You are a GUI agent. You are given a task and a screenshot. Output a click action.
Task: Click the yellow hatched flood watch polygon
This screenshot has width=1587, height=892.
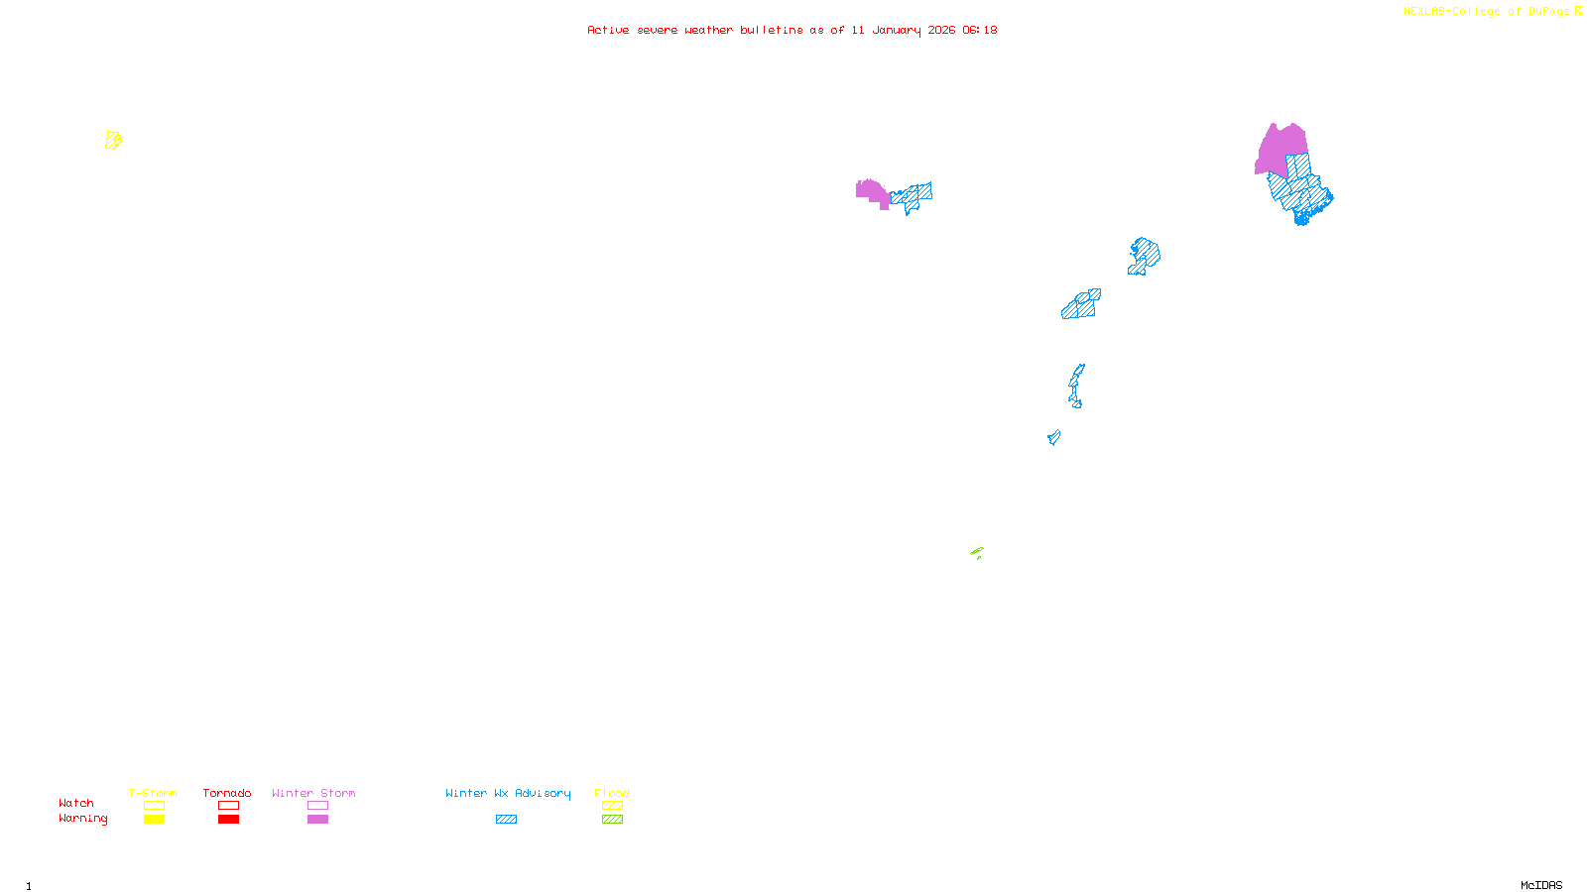[x=114, y=141]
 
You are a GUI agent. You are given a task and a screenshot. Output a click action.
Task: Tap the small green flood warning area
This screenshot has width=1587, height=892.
[x=977, y=552]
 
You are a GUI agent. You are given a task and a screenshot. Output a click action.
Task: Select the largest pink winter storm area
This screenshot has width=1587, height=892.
[x=1281, y=150]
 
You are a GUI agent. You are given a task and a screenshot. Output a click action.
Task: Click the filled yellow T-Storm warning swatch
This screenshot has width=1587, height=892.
[x=154, y=820]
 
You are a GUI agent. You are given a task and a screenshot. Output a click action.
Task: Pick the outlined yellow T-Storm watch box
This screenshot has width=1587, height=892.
[x=154, y=806]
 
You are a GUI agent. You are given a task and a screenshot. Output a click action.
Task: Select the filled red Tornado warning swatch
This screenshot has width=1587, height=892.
[x=228, y=820]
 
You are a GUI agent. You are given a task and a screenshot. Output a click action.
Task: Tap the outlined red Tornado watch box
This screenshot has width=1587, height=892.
[x=228, y=806]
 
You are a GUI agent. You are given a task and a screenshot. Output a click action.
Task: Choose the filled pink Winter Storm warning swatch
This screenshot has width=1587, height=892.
[x=317, y=820]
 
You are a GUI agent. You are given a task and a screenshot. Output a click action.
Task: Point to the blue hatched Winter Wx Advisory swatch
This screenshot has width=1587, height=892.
[x=506, y=820]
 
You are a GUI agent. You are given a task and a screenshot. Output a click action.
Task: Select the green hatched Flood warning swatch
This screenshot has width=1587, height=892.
[x=612, y=820]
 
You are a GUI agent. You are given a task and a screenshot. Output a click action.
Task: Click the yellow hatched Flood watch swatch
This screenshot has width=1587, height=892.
[x=612, y=806]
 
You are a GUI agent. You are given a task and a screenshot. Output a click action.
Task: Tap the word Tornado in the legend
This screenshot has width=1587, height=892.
[x=227, y=793]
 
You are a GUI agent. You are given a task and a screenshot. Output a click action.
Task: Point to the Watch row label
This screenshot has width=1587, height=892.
[x=76, y=804]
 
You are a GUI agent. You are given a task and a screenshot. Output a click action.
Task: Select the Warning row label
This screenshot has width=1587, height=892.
[x=83, y=819]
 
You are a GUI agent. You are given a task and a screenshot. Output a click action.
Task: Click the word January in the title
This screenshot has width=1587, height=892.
[x=897, y=30]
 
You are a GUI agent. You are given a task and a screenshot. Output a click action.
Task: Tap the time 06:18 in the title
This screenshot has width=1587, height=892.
[x=980, y=30]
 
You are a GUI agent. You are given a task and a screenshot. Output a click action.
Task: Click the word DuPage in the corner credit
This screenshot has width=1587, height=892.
[x=1549, y=12]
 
